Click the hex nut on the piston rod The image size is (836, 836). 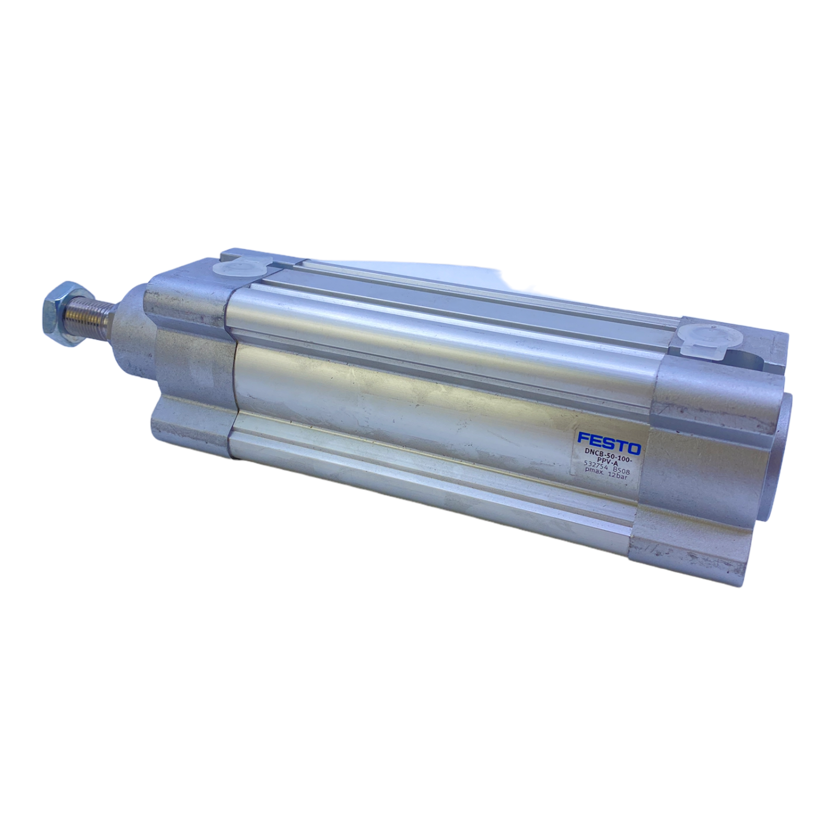pos(62,313)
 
